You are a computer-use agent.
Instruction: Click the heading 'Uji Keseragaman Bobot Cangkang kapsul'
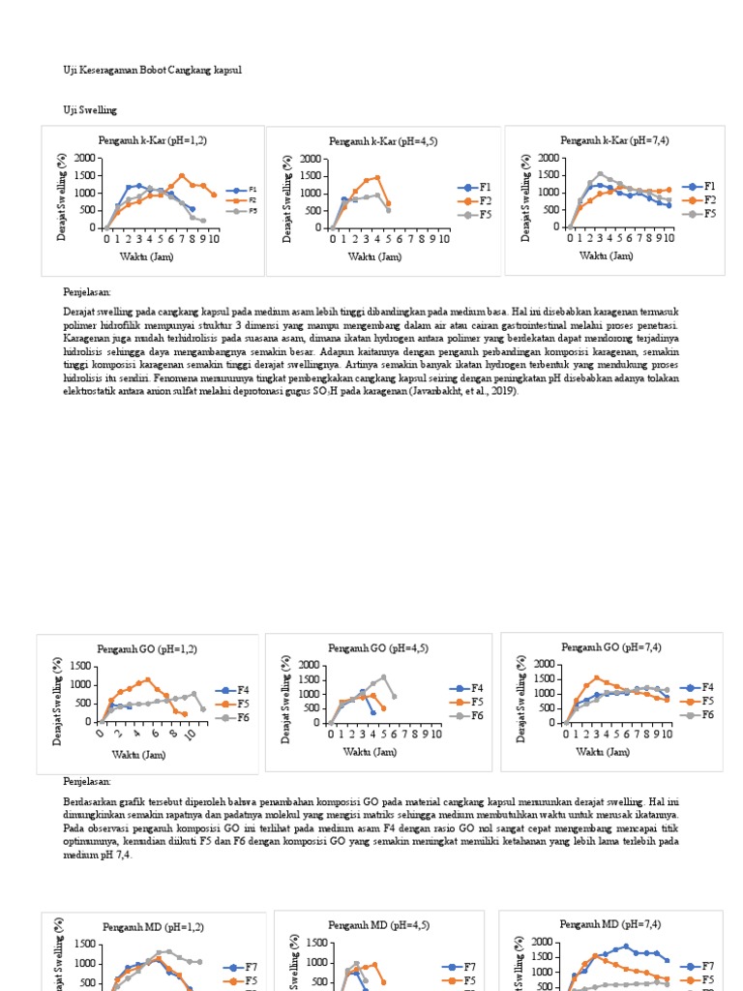coord(152,71)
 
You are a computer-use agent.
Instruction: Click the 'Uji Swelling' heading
coord(90,111)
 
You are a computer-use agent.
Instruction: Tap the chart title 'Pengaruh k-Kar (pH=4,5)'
coord(383,141)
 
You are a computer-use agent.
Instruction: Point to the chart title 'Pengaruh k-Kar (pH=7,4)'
coord(614,140)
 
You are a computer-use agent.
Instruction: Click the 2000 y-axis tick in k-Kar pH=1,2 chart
coord(85,159)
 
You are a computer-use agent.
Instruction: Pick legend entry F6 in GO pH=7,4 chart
coord(707,714)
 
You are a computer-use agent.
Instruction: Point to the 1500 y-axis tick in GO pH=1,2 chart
coord(81,667)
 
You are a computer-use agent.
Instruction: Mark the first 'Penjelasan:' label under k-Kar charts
coord(87,291)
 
